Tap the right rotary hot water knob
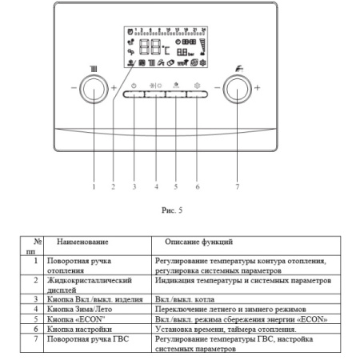pyautogui.click(x=237, y=86)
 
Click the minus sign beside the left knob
pyautogui.click(x=73, y=86)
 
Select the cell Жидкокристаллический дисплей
pyautogui.click(x=98, y=285)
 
